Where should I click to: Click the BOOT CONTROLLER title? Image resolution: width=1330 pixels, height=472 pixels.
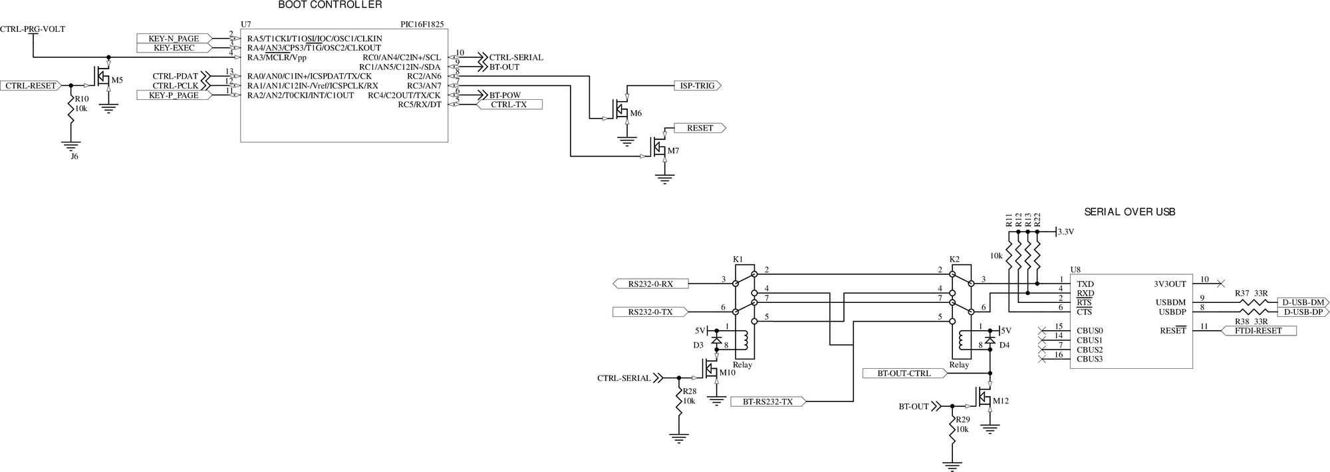(330, 5)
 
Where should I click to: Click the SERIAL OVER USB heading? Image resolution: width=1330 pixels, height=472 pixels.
(1130, 212)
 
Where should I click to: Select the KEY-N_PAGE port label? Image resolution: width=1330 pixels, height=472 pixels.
(174, 39)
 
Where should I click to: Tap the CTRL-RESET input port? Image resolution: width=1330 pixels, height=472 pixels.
(31, 86)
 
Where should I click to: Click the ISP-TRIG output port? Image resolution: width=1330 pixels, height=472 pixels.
(696, 86)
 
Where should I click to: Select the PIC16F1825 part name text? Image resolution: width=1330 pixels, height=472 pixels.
(422, 24)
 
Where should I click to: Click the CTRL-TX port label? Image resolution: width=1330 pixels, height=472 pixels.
(509, 105)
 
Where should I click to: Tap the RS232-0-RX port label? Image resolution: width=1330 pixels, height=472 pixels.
(650, 284)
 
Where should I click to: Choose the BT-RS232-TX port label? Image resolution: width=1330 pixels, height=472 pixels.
(768, 401)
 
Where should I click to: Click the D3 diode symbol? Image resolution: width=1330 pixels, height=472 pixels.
(716, 339)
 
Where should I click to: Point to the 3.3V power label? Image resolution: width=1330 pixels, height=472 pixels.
(1065, 232)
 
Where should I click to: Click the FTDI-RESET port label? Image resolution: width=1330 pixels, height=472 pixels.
(1258, 330)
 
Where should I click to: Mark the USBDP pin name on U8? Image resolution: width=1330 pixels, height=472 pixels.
(1172, 312)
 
